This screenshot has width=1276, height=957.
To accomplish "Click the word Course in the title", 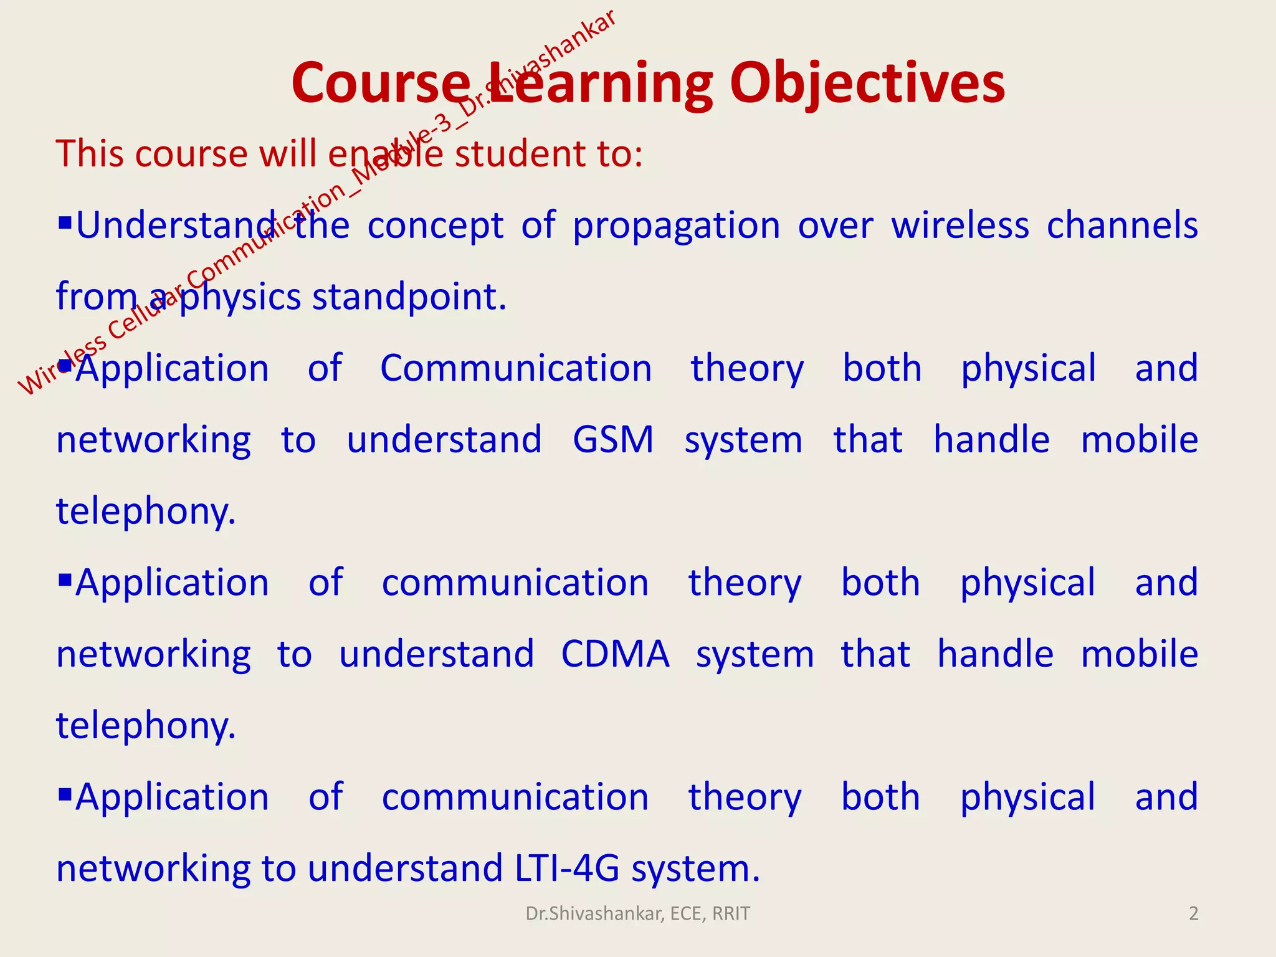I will (x=381, y=84).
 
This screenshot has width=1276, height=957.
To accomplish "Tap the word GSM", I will (x=613, y=440).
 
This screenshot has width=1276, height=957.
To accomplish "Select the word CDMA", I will (x=615, y=654).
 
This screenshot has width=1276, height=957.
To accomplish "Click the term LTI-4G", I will (x=567, y=869).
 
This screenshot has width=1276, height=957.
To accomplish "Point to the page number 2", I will (x=1193, y=913).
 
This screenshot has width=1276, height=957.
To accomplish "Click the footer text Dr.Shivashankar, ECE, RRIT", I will (x=637, y=913).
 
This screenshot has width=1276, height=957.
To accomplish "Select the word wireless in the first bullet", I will (x=959, y=226).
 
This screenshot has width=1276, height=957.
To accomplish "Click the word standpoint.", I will (x=409, y=298).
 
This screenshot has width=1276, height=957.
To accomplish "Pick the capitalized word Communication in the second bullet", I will (x=516, y=369).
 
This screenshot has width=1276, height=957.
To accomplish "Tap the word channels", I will (x=1121, y=226).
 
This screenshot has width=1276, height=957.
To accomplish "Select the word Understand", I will (x=176, y=226).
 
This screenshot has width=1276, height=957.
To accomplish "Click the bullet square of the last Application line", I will (x=65, y=794).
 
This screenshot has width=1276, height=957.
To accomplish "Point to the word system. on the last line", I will (x=695, y=869).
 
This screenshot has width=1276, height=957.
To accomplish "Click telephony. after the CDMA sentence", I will (x=146, y=726).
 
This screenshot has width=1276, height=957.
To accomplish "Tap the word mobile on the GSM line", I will (x=1139, y=440).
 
